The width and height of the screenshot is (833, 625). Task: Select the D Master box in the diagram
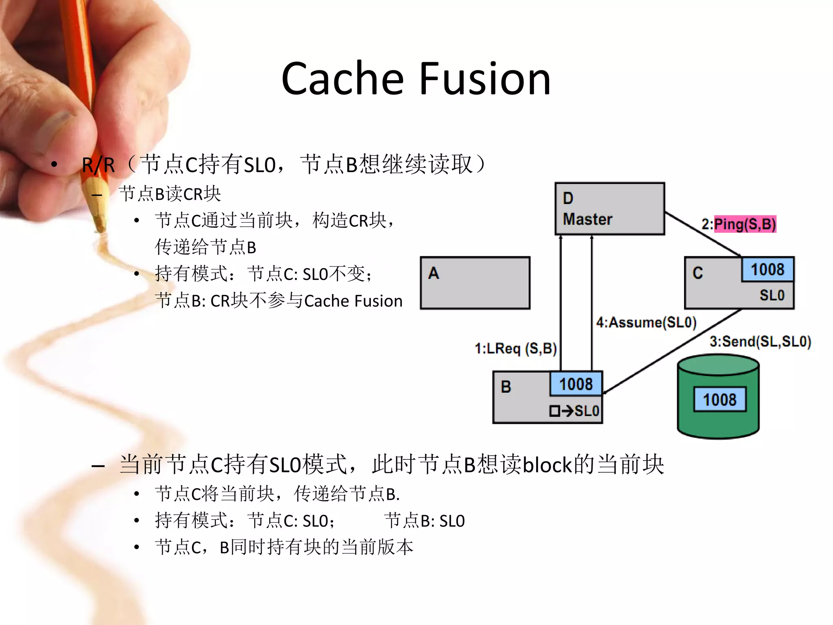[x=609, y=209]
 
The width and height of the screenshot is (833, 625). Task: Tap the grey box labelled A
[x=475, y=283]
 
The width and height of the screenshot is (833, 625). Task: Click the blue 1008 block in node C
[x=767, y=269]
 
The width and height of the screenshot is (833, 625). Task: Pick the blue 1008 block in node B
[x=576, y=384]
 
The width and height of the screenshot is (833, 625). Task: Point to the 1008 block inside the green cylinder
[x=719, y=400]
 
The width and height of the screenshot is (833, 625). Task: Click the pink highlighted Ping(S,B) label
[x=745, y=224]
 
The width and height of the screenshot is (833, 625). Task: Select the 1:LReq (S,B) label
[x=515, y=349]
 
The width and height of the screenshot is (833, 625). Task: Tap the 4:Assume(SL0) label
[x=646, y=323]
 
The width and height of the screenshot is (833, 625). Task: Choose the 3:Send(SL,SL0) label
[x=760, y=341]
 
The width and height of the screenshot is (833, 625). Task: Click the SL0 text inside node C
[x=772, y=295]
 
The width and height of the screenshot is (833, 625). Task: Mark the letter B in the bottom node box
[x=506, y=387]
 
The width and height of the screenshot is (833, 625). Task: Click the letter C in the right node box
[x=698, y=273]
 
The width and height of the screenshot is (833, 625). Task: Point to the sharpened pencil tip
[x=100, y=226]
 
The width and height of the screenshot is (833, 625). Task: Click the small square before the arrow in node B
[x=554, y=411]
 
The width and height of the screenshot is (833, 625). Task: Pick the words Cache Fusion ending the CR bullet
[x=353, y=301]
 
